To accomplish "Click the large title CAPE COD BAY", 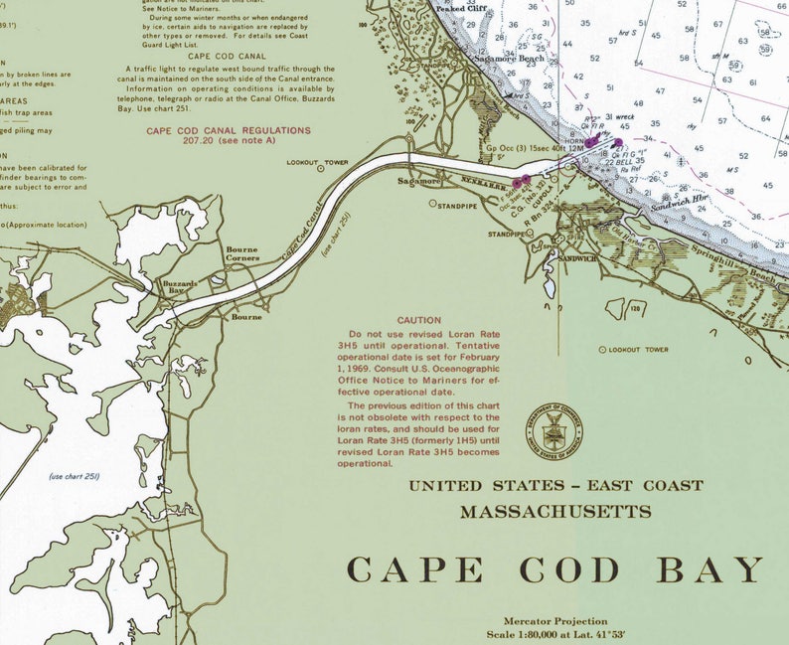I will click(x=555, y=570).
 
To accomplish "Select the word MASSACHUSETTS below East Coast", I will click(x=555, y=512).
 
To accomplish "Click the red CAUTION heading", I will click(x=418, y=320).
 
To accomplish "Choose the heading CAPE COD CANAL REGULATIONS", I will click(x=229, y=130).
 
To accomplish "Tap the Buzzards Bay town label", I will click(x=180, y=286).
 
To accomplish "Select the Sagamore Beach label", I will click(x=509, y=60).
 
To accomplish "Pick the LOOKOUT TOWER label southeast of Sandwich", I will click(x=639, y=350).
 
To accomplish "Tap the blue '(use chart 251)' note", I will click(x=76, y=476).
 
